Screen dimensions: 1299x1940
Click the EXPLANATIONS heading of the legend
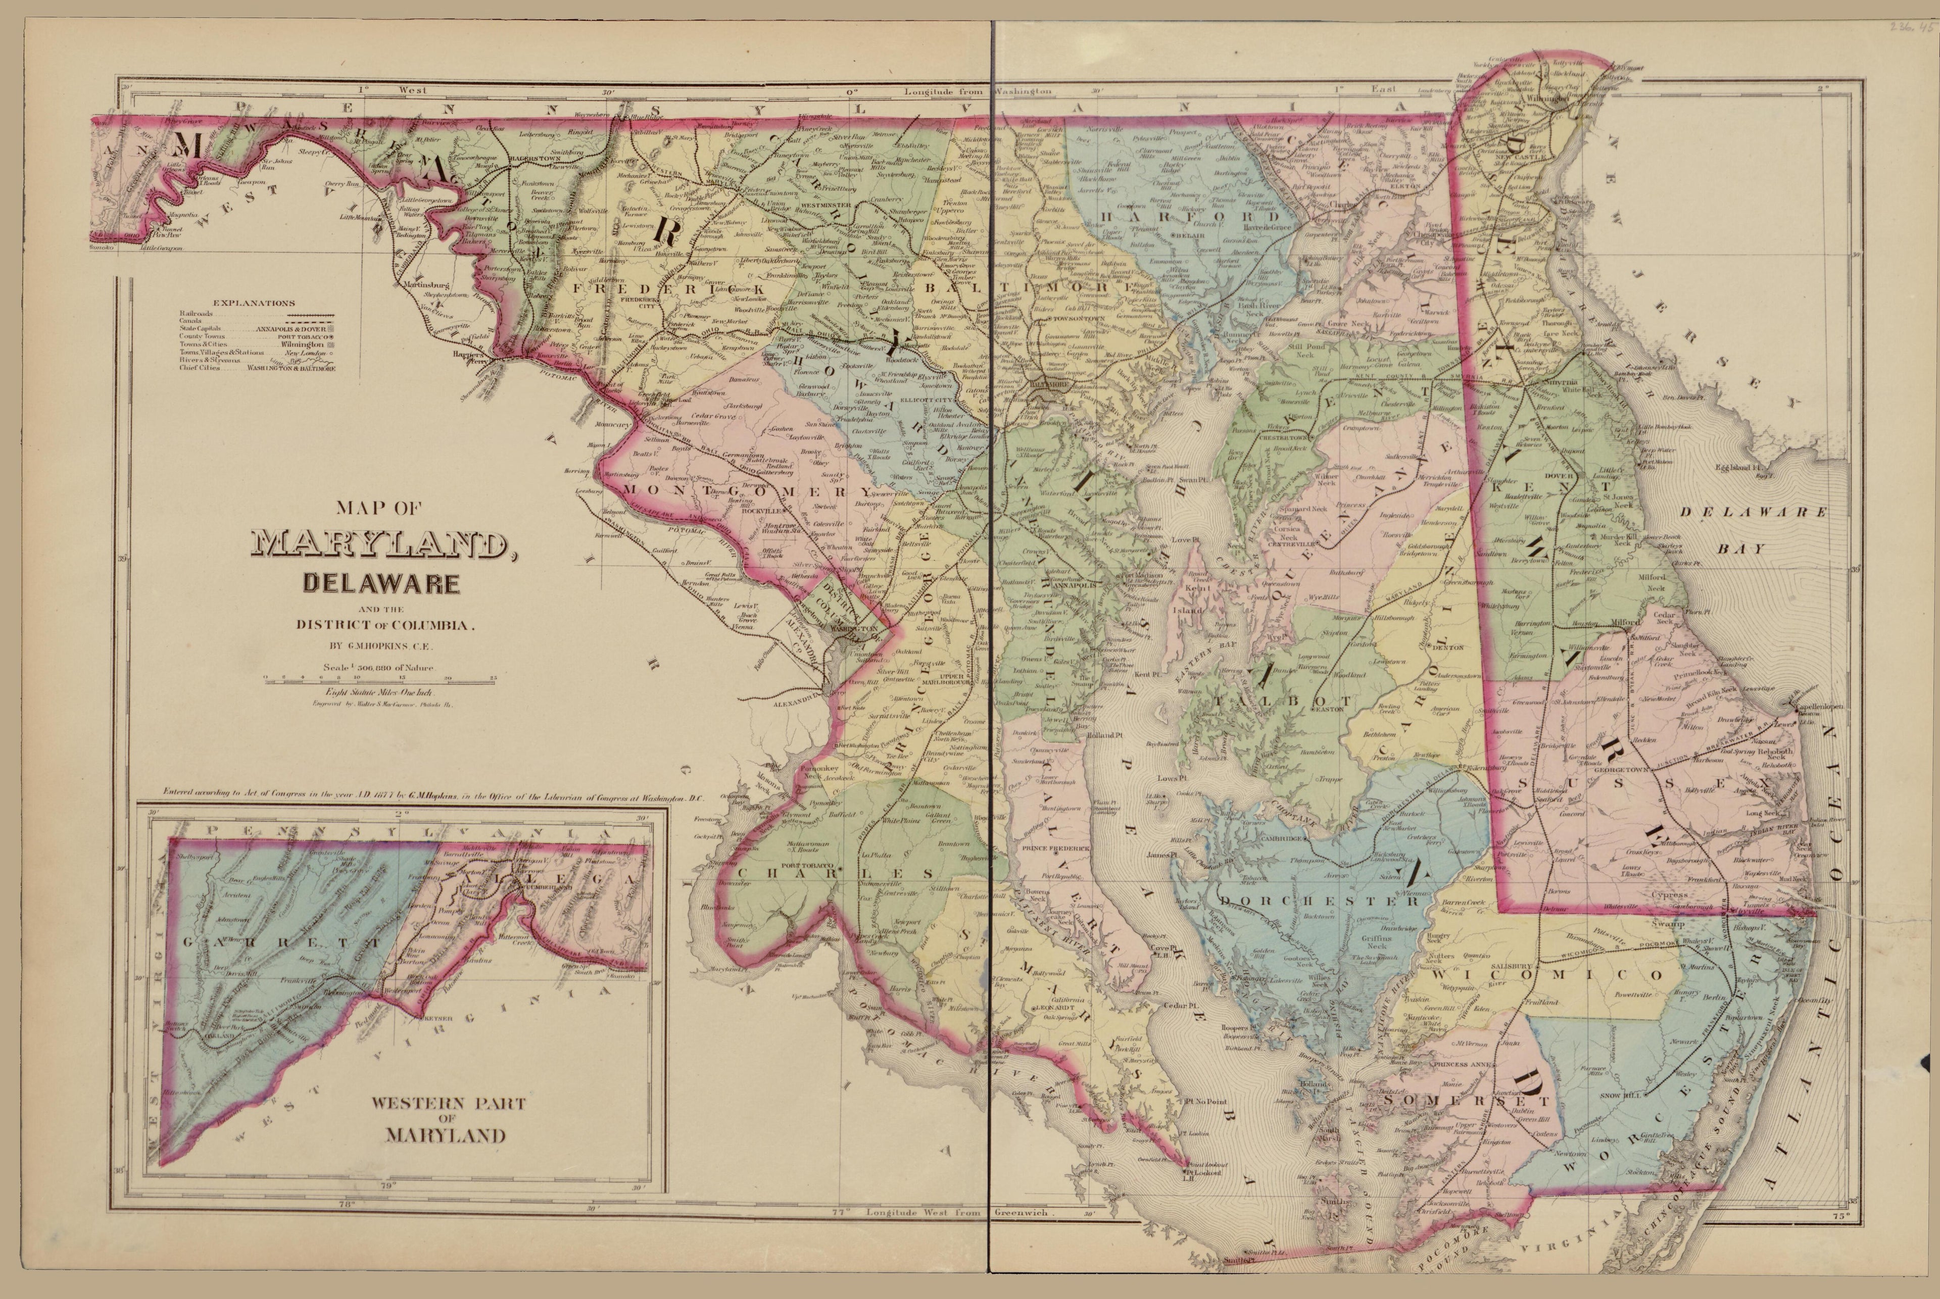click(x=254, y=303)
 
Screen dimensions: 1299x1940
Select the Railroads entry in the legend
click(x=197, y=315)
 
